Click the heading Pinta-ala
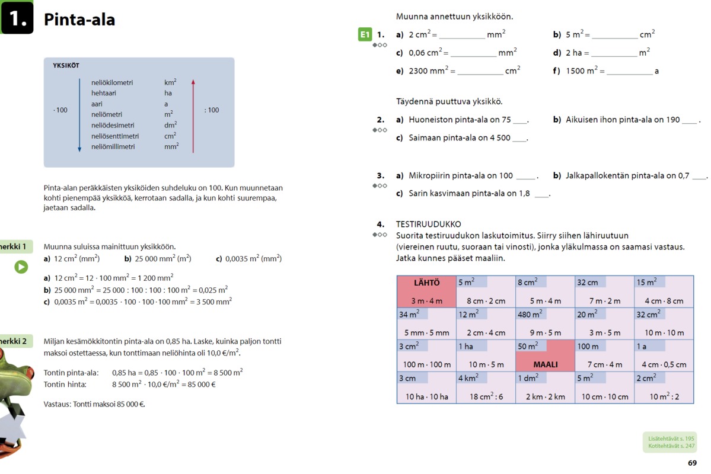pyautogui.click(x=79, y=20)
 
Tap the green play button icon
pyautogui.click(x=21, y=267)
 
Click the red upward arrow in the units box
pyautogui.click(x=193, y=116)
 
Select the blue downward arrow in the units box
pyautogui.click(x=79, y=116)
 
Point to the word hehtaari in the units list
pyautogui.click(x=104, y=93)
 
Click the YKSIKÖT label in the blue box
pyautogui.click(x=66, y=65)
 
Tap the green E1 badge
pyautogui.click(x=365, y=35)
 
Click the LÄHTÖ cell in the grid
pyautogui.click(x=427, y=291)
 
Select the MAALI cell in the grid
pyautogui.click(x=545, y=355)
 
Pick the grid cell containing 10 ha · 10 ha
pyautogui.click(x=427, y=388)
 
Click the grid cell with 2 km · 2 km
pyautogui.click(x=545, y=388)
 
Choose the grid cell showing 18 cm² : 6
pyautogui.click(x=486, y=388)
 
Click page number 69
pyautogui.click(x=692, y=463)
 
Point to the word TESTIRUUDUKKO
pyautogui.click(x=428, y=225)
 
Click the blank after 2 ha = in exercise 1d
pyautogui.click(x=614, y=53)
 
